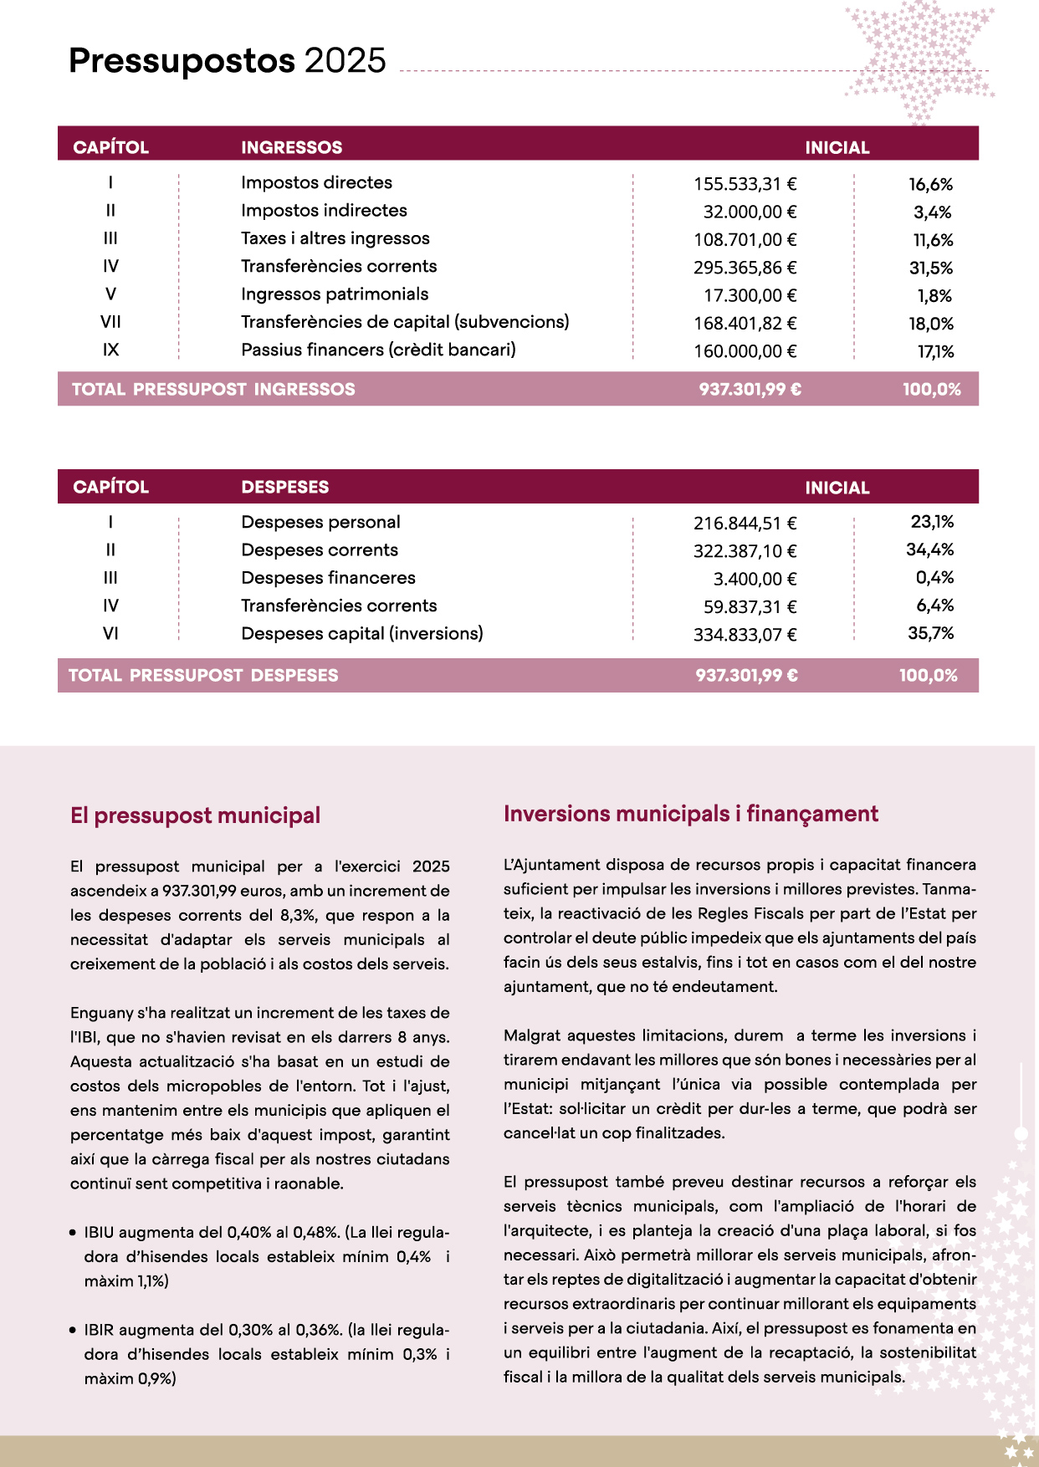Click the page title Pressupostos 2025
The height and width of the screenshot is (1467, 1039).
coord(228,61)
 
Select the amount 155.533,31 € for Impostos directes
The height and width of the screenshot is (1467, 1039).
coord(745,184)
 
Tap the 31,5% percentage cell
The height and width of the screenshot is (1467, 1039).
coord(930,268)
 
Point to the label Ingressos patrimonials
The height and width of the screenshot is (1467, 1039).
coord(335,294)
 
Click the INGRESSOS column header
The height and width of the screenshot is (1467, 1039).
coord(291,147)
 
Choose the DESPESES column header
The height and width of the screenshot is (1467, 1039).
coord(284,487)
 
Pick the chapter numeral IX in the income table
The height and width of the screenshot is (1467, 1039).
coord(110,350)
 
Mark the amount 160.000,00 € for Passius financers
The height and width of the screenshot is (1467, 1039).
coord(745,351)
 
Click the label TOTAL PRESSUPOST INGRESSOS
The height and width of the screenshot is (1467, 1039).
coord(213,389)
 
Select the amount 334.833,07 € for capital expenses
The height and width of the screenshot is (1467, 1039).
coord(745,635)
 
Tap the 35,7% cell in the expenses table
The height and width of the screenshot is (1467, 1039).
coord(930,633)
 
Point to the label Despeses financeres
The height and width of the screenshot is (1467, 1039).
coord(328,578)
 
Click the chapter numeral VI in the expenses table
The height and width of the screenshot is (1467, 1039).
coord(110,634)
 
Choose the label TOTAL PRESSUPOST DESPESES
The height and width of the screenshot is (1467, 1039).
coord(203,675)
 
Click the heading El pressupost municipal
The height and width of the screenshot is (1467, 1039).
coord(195,815)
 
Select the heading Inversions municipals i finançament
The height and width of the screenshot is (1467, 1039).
coord(690,814)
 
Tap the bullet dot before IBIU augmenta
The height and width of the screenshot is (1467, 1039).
coord(74,1233)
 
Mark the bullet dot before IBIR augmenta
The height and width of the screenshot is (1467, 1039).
coord(74,1331)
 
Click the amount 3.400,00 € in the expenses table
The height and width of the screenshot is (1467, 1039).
coord(755,579)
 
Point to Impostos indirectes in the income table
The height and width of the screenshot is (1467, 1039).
coord(324,211)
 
